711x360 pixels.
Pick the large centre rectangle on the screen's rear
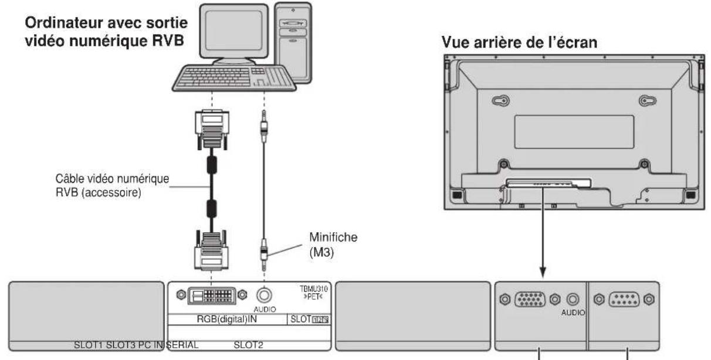[x=574, y=131]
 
